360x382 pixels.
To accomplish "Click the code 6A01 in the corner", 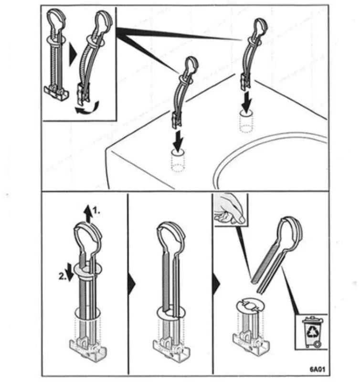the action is [317, 369].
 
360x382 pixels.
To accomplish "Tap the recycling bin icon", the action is [313, 332].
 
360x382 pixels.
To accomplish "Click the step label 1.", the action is [97, 211].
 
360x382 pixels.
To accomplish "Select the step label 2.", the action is [63, 276].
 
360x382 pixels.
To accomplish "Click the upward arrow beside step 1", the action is [88, 213].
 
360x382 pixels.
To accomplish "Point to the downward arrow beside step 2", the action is [70, 272].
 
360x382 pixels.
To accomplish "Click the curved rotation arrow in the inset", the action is [87, 108].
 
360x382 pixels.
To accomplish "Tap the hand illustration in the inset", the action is [230, 209].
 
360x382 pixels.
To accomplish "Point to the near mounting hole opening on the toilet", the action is [178, 152].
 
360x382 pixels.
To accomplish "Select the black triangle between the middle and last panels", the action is [216, 284].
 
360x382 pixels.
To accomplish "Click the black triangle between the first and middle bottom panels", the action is [132, 284].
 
